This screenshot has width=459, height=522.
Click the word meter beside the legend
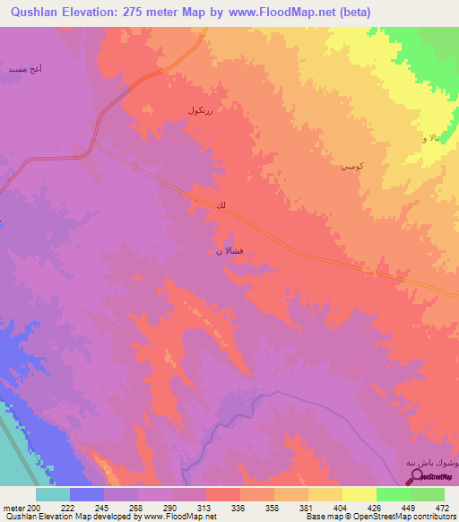13,509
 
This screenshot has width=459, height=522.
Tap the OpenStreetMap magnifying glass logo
420,475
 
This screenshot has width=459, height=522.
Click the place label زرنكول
200,109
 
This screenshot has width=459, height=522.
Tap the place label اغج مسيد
24,68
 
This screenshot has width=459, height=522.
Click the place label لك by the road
221,207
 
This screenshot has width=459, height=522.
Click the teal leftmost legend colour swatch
53,494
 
